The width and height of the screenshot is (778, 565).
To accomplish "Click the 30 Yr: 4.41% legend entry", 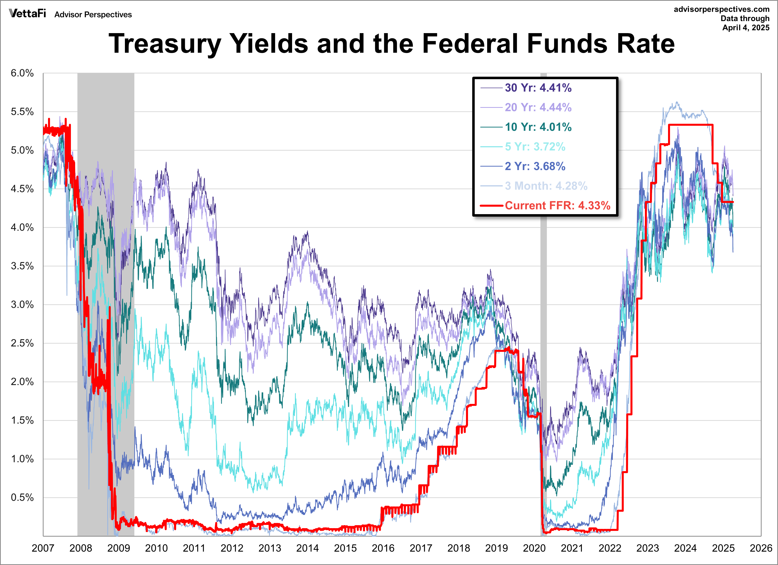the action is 526,88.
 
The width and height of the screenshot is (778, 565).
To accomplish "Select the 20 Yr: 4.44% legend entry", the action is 526,107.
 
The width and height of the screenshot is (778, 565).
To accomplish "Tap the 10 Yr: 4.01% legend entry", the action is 526,127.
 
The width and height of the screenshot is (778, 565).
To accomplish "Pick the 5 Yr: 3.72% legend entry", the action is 523,147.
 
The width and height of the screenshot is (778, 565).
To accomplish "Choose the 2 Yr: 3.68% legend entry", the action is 523,166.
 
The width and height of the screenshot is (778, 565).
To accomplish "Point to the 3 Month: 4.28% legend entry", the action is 534,186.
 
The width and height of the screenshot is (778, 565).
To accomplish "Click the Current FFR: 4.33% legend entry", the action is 545,205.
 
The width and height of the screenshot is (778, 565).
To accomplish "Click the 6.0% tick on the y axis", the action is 22,73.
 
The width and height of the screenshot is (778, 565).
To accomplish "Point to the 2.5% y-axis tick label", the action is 22,343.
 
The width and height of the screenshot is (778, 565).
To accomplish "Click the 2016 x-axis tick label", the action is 383,548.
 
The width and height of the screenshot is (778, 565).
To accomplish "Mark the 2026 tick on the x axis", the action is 761,548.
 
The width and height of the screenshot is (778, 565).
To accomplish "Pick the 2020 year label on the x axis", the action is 534,548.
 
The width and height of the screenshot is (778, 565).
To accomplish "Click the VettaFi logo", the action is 27,13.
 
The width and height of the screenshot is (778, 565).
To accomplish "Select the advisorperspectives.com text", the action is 722,9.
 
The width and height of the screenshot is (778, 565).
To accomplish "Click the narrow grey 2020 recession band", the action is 543,305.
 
